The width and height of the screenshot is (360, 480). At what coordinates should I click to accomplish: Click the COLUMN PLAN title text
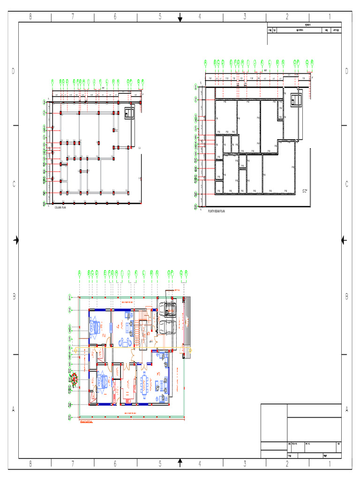pos(61,207)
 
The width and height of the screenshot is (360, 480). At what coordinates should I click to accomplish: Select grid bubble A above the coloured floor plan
pos(80,272)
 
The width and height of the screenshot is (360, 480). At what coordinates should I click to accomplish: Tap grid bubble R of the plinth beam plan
pos(312,61)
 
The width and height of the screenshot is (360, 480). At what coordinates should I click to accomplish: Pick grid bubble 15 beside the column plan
pos(44,204)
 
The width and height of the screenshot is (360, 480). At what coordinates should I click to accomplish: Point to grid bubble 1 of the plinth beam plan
pos(196,87)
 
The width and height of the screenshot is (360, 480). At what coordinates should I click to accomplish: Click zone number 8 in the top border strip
pos(30,17)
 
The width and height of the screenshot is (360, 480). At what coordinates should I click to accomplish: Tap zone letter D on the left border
pos(14,71)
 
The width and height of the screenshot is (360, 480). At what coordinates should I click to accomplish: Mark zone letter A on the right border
pos(347,409)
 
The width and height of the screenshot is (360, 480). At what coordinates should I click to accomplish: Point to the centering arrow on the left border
pos(16,240)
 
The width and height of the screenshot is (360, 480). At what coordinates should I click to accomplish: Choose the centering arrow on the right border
pos(344,240)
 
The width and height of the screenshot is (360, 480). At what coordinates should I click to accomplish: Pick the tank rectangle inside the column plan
pos(129,112)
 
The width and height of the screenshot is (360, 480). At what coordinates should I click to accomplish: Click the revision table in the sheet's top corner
pos(304,28)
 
